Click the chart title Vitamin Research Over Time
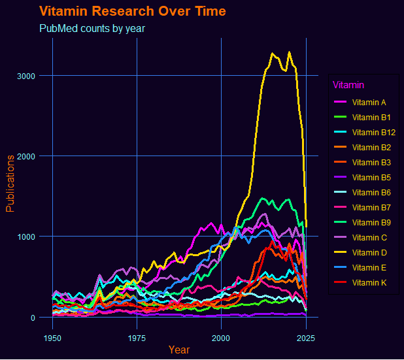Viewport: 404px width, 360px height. [133, 12]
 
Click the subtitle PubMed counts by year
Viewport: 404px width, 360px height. [92, 29]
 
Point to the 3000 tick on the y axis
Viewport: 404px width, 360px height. [26, 76]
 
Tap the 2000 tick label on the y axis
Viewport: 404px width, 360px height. [26, 156]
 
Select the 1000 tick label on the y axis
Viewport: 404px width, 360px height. [26, 237]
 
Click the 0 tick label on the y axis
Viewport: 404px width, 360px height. [32, 318]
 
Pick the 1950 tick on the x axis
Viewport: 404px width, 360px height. [52, 338]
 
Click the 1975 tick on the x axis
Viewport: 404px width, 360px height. [137, 338]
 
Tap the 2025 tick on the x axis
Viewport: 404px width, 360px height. [306, 338]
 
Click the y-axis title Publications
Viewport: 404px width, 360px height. [10, 184]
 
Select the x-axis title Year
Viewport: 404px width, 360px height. [179, 350]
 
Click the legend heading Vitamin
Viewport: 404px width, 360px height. [348, 85]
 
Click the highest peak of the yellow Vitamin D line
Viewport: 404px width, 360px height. [290, 52]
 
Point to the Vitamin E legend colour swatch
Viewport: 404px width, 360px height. [341, 268]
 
